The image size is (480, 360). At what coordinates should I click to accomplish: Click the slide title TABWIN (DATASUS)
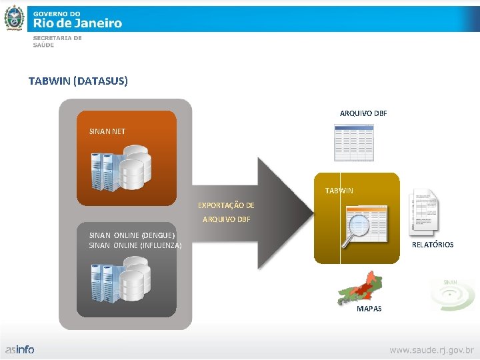78,81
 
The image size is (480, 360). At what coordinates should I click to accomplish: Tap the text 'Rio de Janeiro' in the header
77,23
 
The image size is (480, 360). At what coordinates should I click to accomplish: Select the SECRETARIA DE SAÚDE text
57,41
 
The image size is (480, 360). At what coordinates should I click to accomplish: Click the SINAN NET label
107,131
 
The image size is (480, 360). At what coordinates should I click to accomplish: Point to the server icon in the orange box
122,169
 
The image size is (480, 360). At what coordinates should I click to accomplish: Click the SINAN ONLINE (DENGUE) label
132,235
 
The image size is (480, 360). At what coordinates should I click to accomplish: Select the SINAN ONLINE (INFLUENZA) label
135,245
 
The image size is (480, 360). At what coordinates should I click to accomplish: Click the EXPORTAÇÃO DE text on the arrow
226,205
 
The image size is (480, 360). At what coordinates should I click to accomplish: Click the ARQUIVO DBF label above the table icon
363,113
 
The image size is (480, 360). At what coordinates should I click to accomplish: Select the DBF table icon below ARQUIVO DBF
354,143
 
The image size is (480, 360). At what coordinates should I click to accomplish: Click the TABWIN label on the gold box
339,191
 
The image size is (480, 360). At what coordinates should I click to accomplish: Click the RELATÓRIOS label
433,245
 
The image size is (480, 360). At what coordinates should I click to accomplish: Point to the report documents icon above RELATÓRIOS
424,210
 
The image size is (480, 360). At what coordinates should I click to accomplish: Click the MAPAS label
369,309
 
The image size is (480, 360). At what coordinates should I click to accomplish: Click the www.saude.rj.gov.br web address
431,349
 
